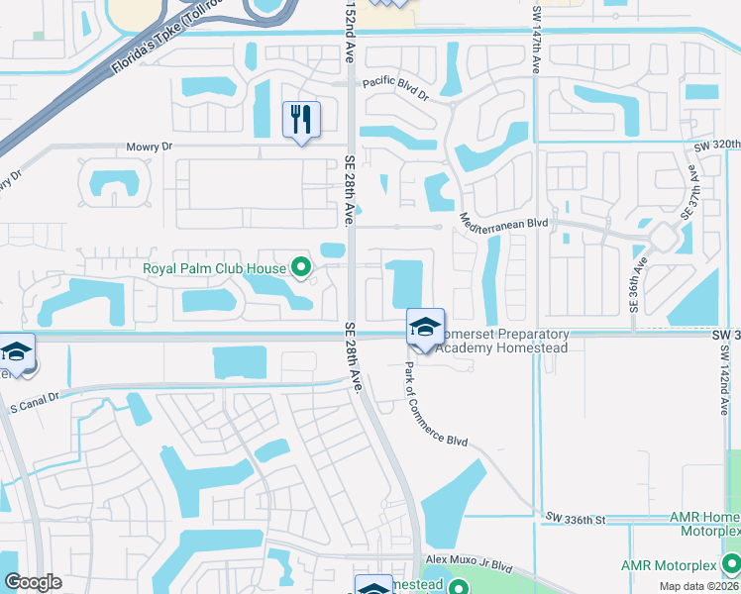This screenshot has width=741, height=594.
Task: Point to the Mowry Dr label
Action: [150, 147]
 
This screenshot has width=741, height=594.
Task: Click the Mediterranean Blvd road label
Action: [503, 223]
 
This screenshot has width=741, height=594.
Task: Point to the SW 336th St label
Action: [575, 518]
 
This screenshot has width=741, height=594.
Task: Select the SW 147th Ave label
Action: [538, 39]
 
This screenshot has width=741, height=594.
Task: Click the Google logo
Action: [33, 582]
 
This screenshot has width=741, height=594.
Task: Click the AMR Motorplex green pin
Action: [731, 564]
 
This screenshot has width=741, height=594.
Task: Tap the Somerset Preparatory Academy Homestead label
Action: [502, 342]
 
